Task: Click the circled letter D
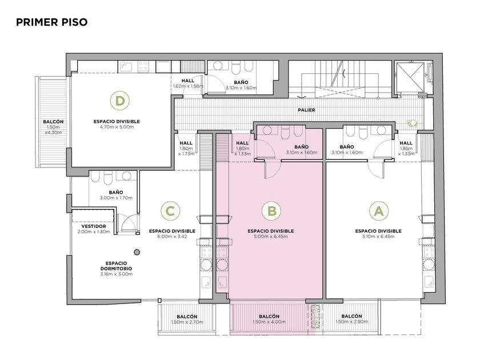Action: tap(119, 101)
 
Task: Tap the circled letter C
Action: tap(170, 211)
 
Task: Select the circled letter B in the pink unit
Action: tap(271, 211)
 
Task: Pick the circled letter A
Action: tap(379, 211)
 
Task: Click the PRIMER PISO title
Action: tap(52, 22)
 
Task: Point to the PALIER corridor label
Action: tap(306, 110)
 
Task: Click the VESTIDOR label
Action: tap(94, 226)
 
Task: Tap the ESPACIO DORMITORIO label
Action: tap(117, 266)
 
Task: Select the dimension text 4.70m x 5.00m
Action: tap(117, 127)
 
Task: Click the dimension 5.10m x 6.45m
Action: tap(378, 237)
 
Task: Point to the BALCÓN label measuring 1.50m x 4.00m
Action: tap(269, 316)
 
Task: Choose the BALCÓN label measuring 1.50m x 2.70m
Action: tap(187, 317)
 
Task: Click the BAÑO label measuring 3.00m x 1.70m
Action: tap(116, 192)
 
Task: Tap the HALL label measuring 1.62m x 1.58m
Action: tap(187, 81)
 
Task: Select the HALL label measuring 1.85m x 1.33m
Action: tap(406, 143)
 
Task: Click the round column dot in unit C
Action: tap(137, 252)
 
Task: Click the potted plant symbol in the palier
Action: tap(412, 123)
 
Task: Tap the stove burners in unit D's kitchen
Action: tap(143, 66)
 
